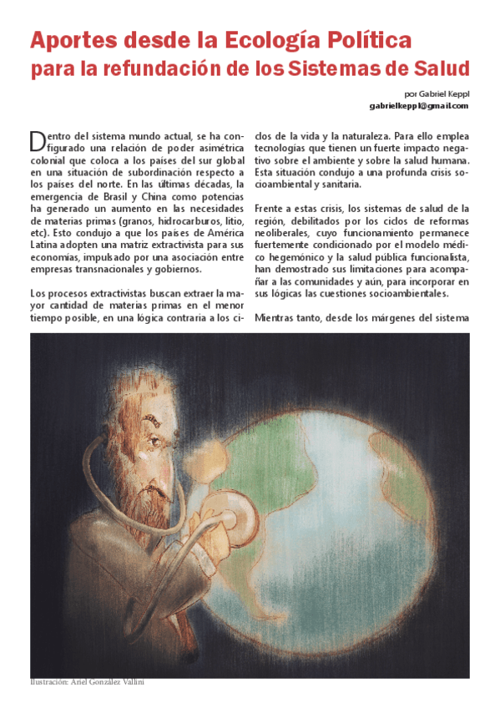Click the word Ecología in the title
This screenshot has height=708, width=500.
270,39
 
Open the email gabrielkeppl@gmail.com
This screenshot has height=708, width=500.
419,106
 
